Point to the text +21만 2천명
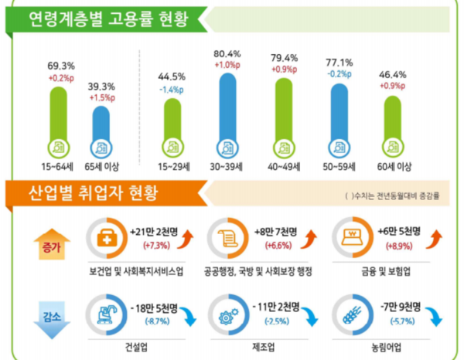coord(159,231)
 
